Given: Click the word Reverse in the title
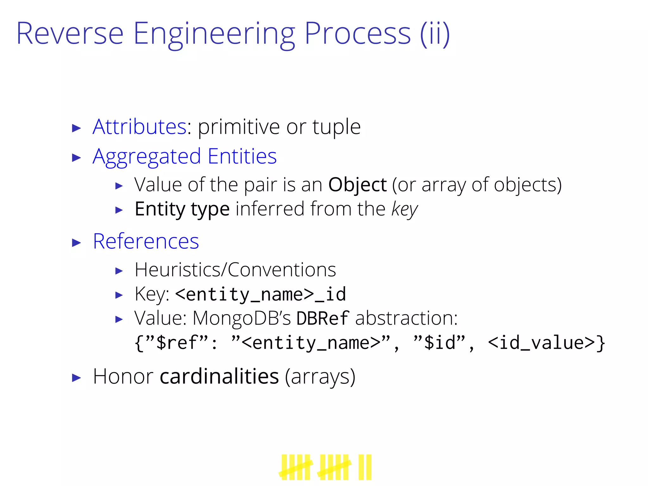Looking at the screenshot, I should point(70,34).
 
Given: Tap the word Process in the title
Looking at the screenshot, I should point(358,34).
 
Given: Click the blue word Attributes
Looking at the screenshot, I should point(140,127).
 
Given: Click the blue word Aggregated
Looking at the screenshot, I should point(147,157).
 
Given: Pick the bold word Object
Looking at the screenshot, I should point(358,185).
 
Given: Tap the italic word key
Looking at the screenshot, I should point(404,209).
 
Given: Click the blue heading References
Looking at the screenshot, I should point(146,241).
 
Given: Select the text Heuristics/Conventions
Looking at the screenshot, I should point(235,270).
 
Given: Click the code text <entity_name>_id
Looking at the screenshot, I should point(260,294).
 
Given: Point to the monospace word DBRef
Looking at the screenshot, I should point(323,318).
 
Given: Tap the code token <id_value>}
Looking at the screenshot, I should point(546,343).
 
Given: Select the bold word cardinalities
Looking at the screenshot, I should point(219,377).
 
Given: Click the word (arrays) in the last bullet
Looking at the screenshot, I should point(320,377).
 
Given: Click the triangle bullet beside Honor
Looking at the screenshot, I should point(77,378).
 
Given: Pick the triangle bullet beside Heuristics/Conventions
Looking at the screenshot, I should point(119,271).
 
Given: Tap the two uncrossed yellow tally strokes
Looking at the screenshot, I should point(365,467).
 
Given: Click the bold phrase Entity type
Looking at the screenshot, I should point(182,209).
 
